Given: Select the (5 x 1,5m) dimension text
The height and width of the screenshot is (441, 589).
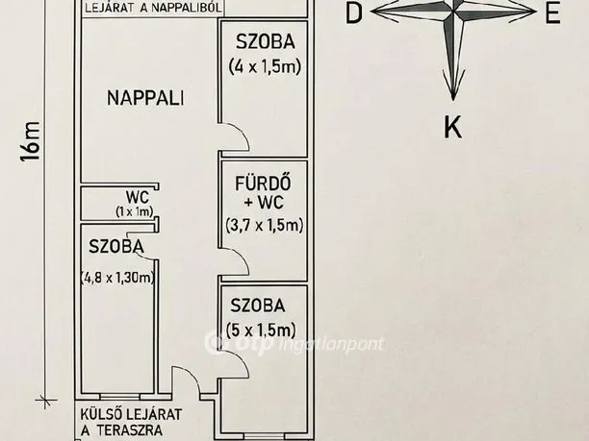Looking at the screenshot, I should tap(263, 331).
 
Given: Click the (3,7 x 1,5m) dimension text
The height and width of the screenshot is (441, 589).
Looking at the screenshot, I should tap(265, 226).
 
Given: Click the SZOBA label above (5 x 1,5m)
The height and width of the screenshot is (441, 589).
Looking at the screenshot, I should tap(258, 306).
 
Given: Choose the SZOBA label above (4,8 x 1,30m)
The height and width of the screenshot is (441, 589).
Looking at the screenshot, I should tap(116, 247).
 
